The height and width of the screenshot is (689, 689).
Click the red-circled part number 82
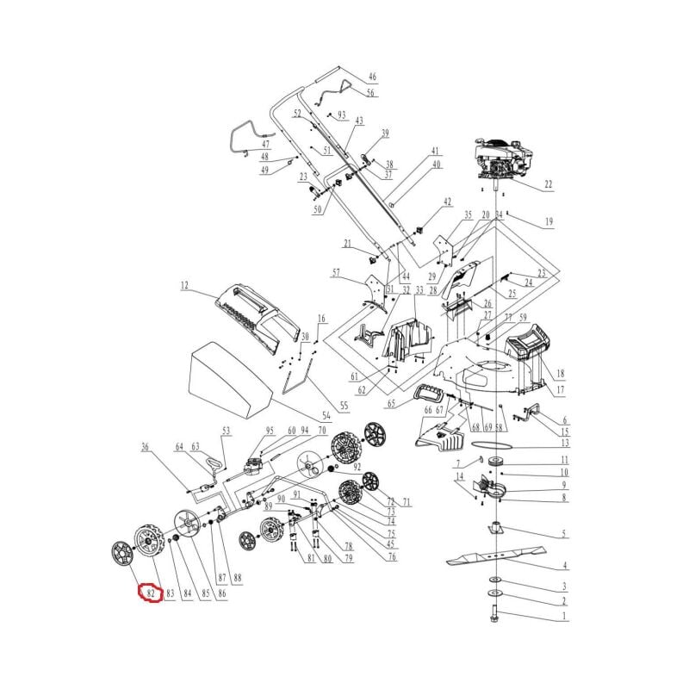pos(150,593)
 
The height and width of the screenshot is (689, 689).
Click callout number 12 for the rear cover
pos(183,284)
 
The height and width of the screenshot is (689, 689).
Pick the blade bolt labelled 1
pos(495,615)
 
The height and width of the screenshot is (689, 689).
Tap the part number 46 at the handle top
pos(372,77)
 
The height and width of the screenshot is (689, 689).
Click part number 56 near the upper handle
pos(370,93)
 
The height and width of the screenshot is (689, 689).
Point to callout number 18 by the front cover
pos(560,374)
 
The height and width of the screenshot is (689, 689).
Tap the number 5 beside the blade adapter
pos(564,534)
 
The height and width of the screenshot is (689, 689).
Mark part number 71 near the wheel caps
pos(407,501)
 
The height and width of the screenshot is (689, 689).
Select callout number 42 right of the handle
pos(447,202)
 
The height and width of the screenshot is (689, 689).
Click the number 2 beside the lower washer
pos(564,600)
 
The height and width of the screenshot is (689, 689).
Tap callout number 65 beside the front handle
pos(391,402)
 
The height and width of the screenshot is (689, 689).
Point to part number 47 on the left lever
pos(265,144)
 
